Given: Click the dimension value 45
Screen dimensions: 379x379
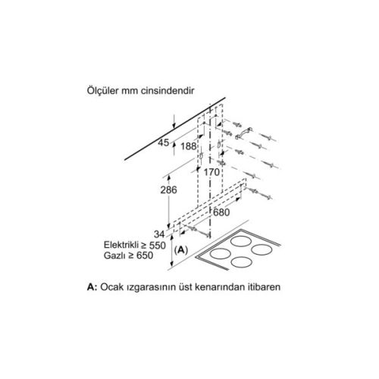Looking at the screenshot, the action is [x=163, y=143].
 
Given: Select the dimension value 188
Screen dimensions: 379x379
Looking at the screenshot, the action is [x=189, y=146].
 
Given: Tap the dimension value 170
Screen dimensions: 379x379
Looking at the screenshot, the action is [x=211, y=172].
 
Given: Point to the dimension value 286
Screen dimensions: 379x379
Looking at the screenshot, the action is [x=169, y=190].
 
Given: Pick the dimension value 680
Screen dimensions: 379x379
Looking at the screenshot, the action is [x=221, y=212].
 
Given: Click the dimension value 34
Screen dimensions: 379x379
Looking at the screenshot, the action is [x=159, y=234].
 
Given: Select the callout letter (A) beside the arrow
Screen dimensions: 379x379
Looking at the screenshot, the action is [x=181, y=250].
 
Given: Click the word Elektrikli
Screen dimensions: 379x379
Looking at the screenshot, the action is [x=121, y=245].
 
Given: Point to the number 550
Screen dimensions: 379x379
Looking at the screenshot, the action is [x=158, y=246].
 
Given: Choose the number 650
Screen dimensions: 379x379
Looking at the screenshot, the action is [x=145, y=255].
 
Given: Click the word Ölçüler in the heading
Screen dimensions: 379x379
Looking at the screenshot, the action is [x=102, y=90].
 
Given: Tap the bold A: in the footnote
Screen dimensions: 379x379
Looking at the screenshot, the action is [x=92, y=287].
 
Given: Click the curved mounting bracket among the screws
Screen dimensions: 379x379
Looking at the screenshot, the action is [x=243, y=133].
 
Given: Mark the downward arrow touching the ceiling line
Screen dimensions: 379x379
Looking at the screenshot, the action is [x=174, y=121].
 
